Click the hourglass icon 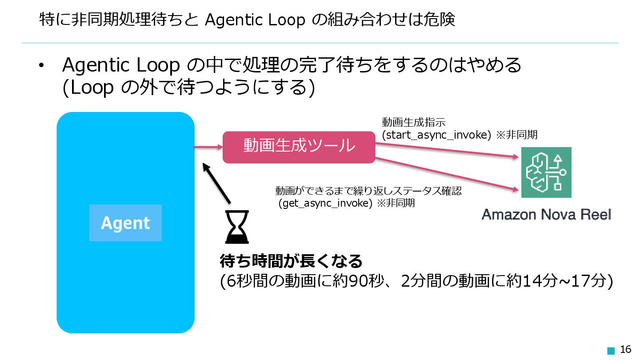[237, 227]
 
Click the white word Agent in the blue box [125, 223]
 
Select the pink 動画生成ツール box [299, 147]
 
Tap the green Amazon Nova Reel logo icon [546, 172]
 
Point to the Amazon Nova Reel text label [546, 215]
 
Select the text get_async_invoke [325, 204]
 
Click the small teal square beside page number [611, 350]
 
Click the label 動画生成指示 [413, 122]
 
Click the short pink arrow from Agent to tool [208, 147]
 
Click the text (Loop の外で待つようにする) [188, 88]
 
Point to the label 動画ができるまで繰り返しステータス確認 [368, 191]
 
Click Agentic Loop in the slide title [255, 20]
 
